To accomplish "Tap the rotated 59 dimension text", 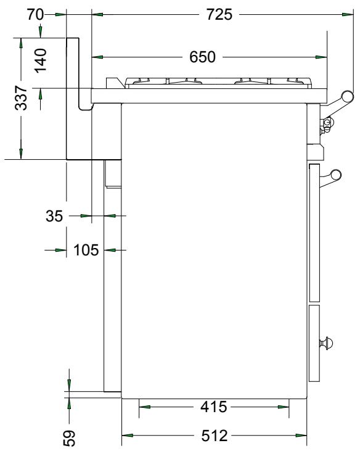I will (x=70, y=437).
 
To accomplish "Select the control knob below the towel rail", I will (x=325, y=125).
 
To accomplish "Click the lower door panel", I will (x=314, y=342).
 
